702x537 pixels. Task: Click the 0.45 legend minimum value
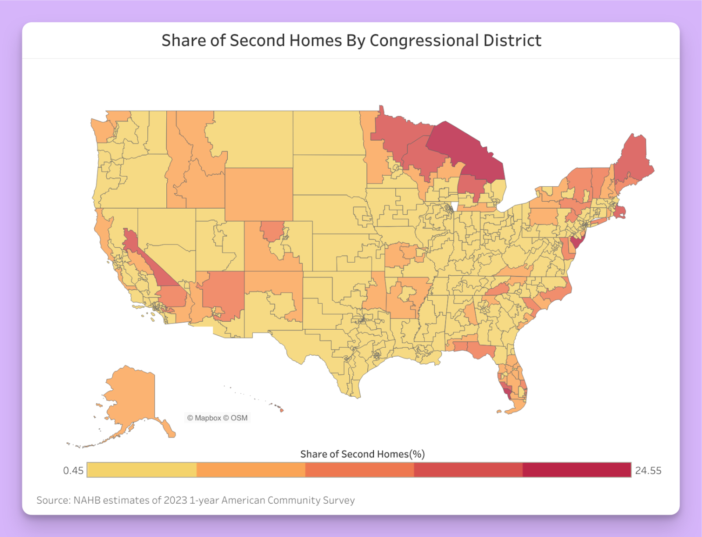(x=73, y=470)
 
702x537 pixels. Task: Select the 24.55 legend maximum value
(x=648, y=470)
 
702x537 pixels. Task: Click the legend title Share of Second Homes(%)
(x=362, y=454)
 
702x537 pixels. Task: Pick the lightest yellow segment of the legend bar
(x=141, y=470)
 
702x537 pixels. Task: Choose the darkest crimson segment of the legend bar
(x=577, y=470)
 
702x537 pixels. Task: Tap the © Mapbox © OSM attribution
(x=217, y=418)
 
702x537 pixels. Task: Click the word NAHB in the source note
(x=86, y=500)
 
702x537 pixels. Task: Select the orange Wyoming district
(x=259, y=194)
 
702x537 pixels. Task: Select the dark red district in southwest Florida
(x=507, y=391)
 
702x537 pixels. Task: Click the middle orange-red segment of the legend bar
(x=359, y=470)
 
